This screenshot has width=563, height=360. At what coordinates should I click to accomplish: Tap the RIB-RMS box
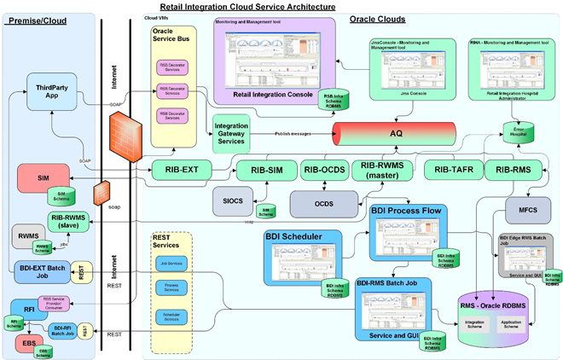pyautogui.click(x=514, y=170)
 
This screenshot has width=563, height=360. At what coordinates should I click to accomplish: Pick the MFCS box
pyautogui.click(x=523, y=209)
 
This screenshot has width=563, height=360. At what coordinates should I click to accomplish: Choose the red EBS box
pyautogui.click(x=28, y=343)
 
